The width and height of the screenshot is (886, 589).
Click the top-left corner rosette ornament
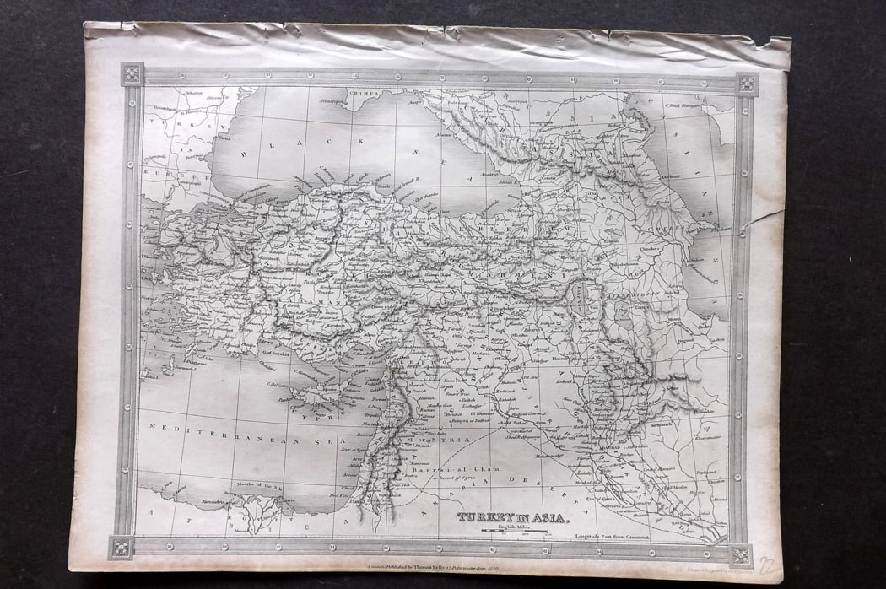click(x=132, y=73)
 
